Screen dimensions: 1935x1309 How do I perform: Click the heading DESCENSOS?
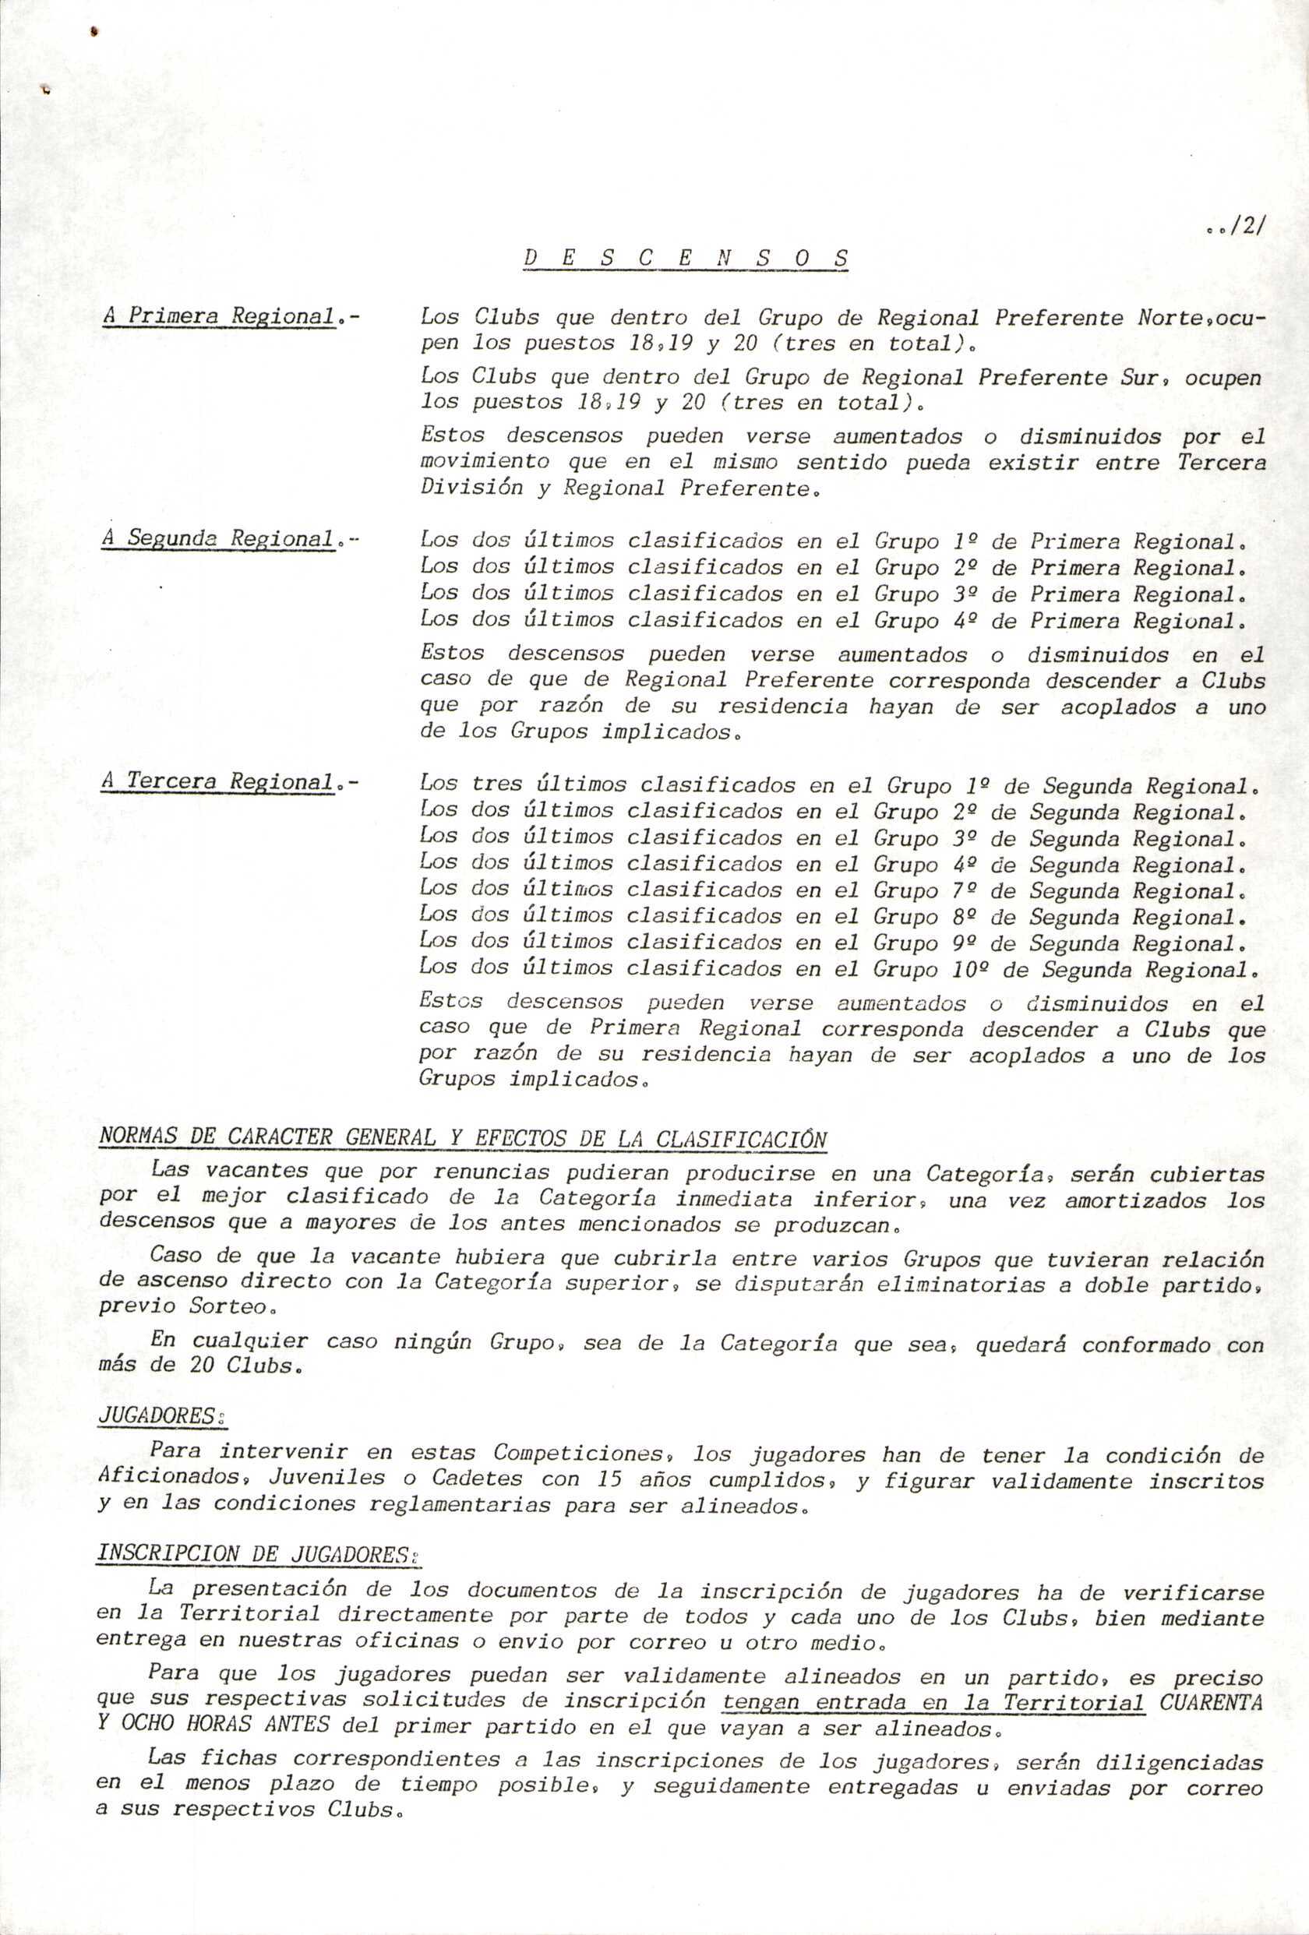(686, 259)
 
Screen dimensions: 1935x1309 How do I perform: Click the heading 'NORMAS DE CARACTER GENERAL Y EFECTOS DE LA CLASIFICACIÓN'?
(463, 1138)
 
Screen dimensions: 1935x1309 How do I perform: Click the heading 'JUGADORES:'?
(163, 1417)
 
